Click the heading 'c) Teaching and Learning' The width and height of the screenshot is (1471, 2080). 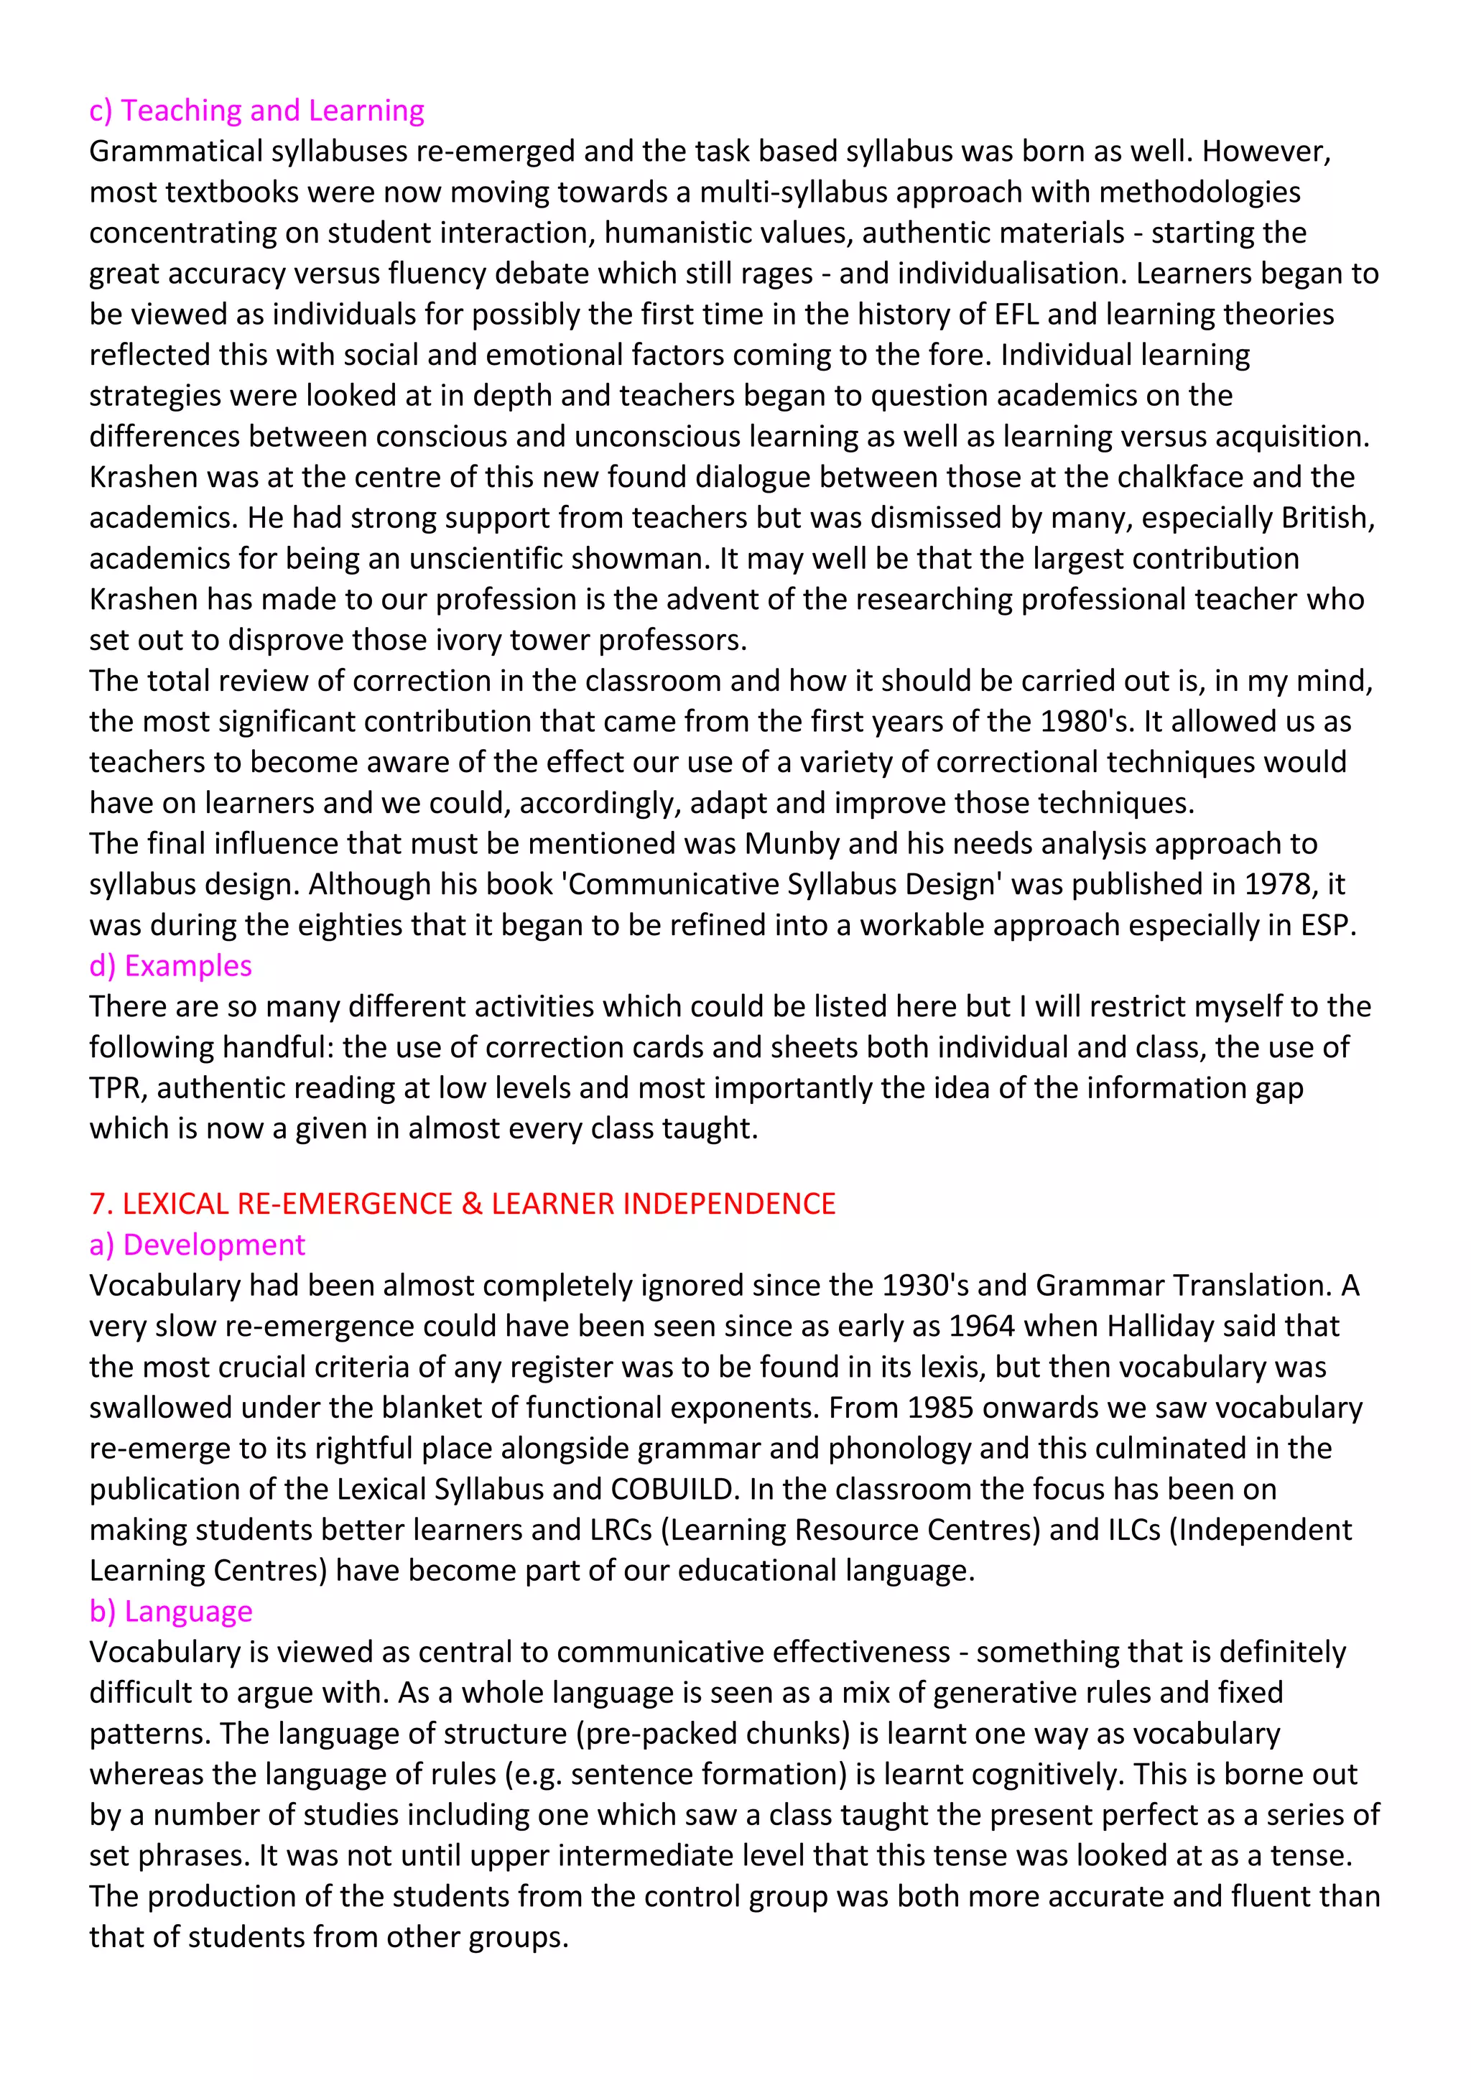pos(256,111)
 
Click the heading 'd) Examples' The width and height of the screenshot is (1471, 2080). pos(170,966)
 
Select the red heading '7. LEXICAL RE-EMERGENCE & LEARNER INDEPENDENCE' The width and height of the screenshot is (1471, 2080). pos(462,1204)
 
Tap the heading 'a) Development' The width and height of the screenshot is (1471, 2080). pos(197,1245)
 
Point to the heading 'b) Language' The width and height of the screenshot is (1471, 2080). pos(170,1612)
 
